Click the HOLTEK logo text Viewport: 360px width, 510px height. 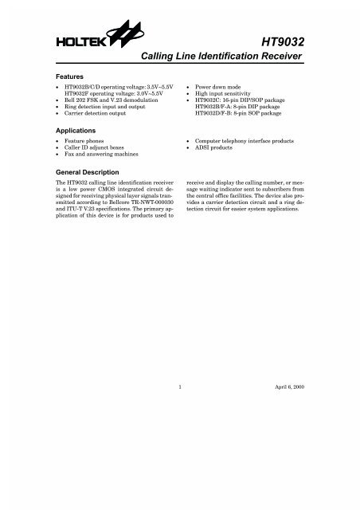click(72, 37)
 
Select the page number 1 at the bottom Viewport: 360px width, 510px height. click(181, 386)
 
